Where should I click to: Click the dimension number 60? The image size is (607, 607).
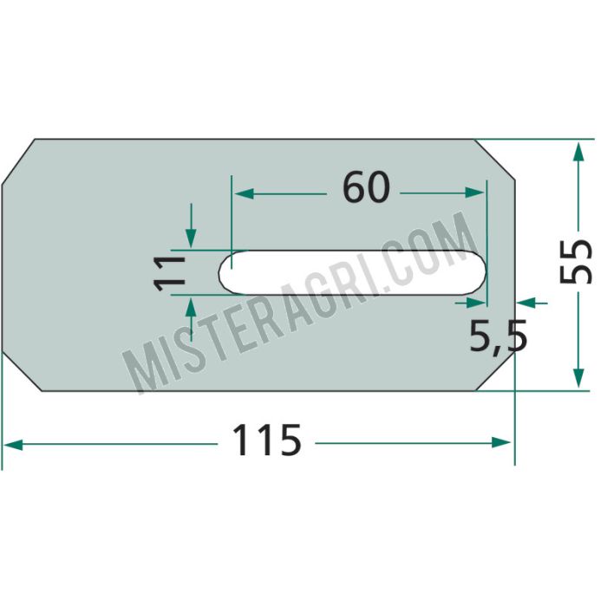pyautogui.click(x=366, y=188)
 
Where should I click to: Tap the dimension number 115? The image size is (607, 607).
pyautogui.click(x=267, y=441)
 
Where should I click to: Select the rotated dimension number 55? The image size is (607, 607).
pyautogui.click(x=576, y=261)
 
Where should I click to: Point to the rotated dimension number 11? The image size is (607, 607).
pyautogui.click(x=169, y=272)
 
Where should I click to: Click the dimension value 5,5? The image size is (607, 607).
pyautogui.click(x=499, y=336)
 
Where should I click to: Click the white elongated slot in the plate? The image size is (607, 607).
pyautogui.click(x=352, y=271)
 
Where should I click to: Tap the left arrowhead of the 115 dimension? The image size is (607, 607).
pyautogui.click(x=13, y=445)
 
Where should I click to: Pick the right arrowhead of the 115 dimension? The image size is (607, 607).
pyautogui.click(x=501, y=442)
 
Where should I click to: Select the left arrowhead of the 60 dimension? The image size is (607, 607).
pyautogui.click(x=244, y=193)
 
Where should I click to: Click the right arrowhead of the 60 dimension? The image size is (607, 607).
pyautogui.click(x=474, y=193)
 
